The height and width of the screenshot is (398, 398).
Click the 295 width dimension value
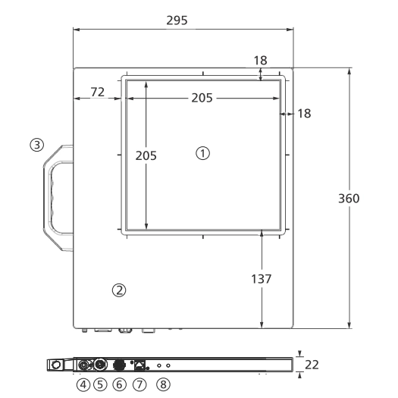pyautogui.click(x=177, y=20)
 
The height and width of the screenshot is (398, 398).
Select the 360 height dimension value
pyautogui.click(x=349, y=199)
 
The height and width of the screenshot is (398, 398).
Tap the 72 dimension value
pyautogui.click(x=98, y=92)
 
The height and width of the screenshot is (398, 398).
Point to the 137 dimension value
pyautogui.click(x=262, y=279)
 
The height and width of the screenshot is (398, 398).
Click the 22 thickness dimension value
pyautogui.click(x=312, y=365)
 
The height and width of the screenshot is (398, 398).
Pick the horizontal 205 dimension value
pyautogui.click(x=202, y=98)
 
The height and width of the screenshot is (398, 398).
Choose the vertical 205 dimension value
pyautogui.click(x=146, y=155)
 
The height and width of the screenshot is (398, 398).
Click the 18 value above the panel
pyautogui.click(x=261, y=61)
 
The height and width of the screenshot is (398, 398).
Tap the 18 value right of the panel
pyautogui.click(x=304, y=114)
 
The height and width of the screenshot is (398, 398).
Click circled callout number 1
pyautogui.click(x=203, y=153)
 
